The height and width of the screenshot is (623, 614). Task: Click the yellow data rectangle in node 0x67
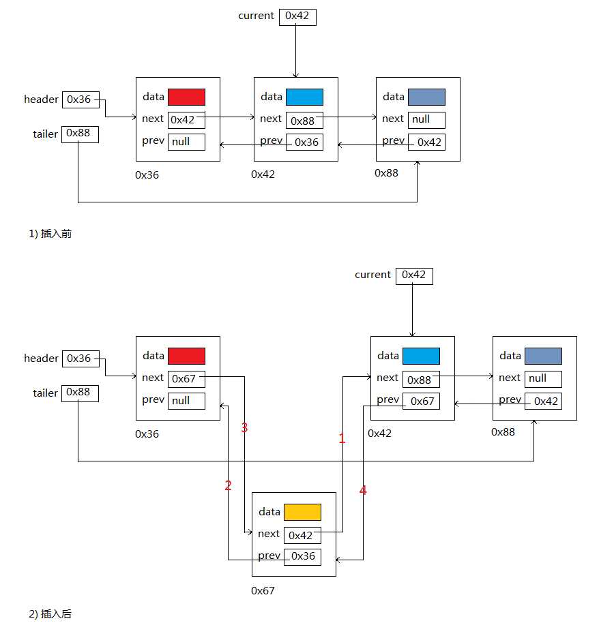tap(302, 512)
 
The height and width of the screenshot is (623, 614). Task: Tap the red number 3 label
tap(244, 428)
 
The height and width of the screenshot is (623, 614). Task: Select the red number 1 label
tap(342, 440)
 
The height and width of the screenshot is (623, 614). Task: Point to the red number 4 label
tap(363, 490)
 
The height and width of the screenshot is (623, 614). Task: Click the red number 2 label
tap(228, 486)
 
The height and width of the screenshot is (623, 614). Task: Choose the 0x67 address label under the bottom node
tap(263, 590)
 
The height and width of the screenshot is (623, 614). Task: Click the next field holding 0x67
tap(186, 379)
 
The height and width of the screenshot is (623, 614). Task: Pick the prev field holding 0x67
tap(421, 401)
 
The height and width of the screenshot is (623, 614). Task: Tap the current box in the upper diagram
tap(297, 16)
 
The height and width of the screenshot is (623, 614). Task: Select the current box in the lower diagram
tap(414, 275)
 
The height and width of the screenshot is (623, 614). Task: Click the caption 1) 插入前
tap(50, 234)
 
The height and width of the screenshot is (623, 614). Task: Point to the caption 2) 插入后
tap(50, 614)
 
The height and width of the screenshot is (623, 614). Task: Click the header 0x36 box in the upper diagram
tap(80, 100)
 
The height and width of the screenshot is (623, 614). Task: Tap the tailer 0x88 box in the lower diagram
tap(80, 393)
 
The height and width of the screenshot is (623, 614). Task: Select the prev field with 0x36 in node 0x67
tap(302, 556)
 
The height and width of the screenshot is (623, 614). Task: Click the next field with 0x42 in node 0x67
tap(302, 535)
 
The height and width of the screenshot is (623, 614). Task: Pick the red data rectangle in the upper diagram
tap(186, 97)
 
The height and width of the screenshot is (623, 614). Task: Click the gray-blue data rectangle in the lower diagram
tap(543, 356)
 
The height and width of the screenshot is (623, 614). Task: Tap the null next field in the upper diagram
tap(426, 120)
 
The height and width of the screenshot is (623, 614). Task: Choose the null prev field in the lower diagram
tap(186, 401)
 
